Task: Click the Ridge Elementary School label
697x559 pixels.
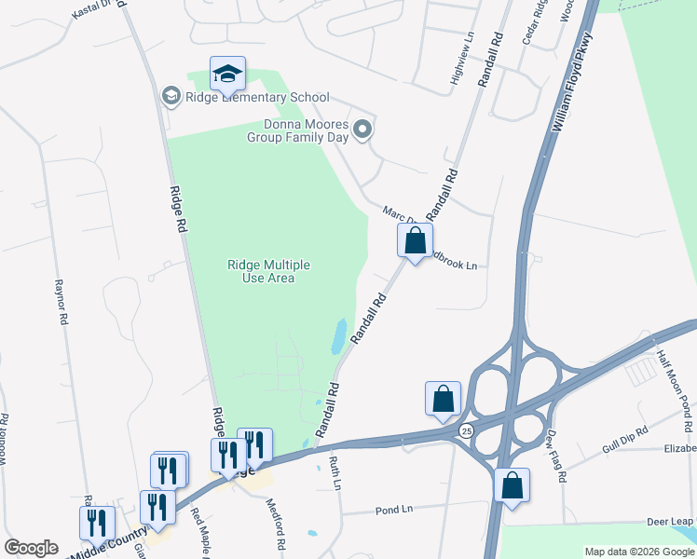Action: [x=256, y=96]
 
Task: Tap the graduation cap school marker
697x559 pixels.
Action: [x=227, y=75]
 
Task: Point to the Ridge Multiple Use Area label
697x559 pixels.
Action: [x=268, y=271]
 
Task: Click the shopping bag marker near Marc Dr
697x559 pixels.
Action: [x=415, y=241]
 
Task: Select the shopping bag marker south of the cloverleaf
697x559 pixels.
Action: [x=512, y=485]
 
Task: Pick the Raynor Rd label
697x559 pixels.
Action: [x=62, y=302]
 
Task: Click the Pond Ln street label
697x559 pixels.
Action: [x=394, y=510]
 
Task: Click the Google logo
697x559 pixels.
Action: [x=31, y=548]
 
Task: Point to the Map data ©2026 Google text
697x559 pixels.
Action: [x=638, y=552]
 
